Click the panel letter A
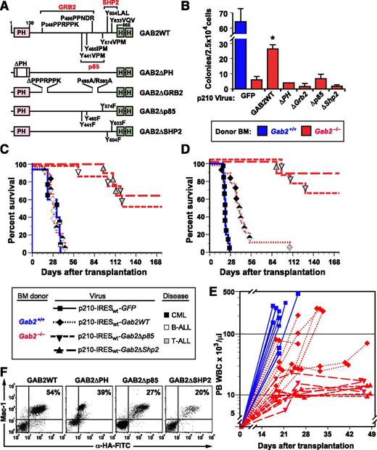(x=6, y=7)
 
